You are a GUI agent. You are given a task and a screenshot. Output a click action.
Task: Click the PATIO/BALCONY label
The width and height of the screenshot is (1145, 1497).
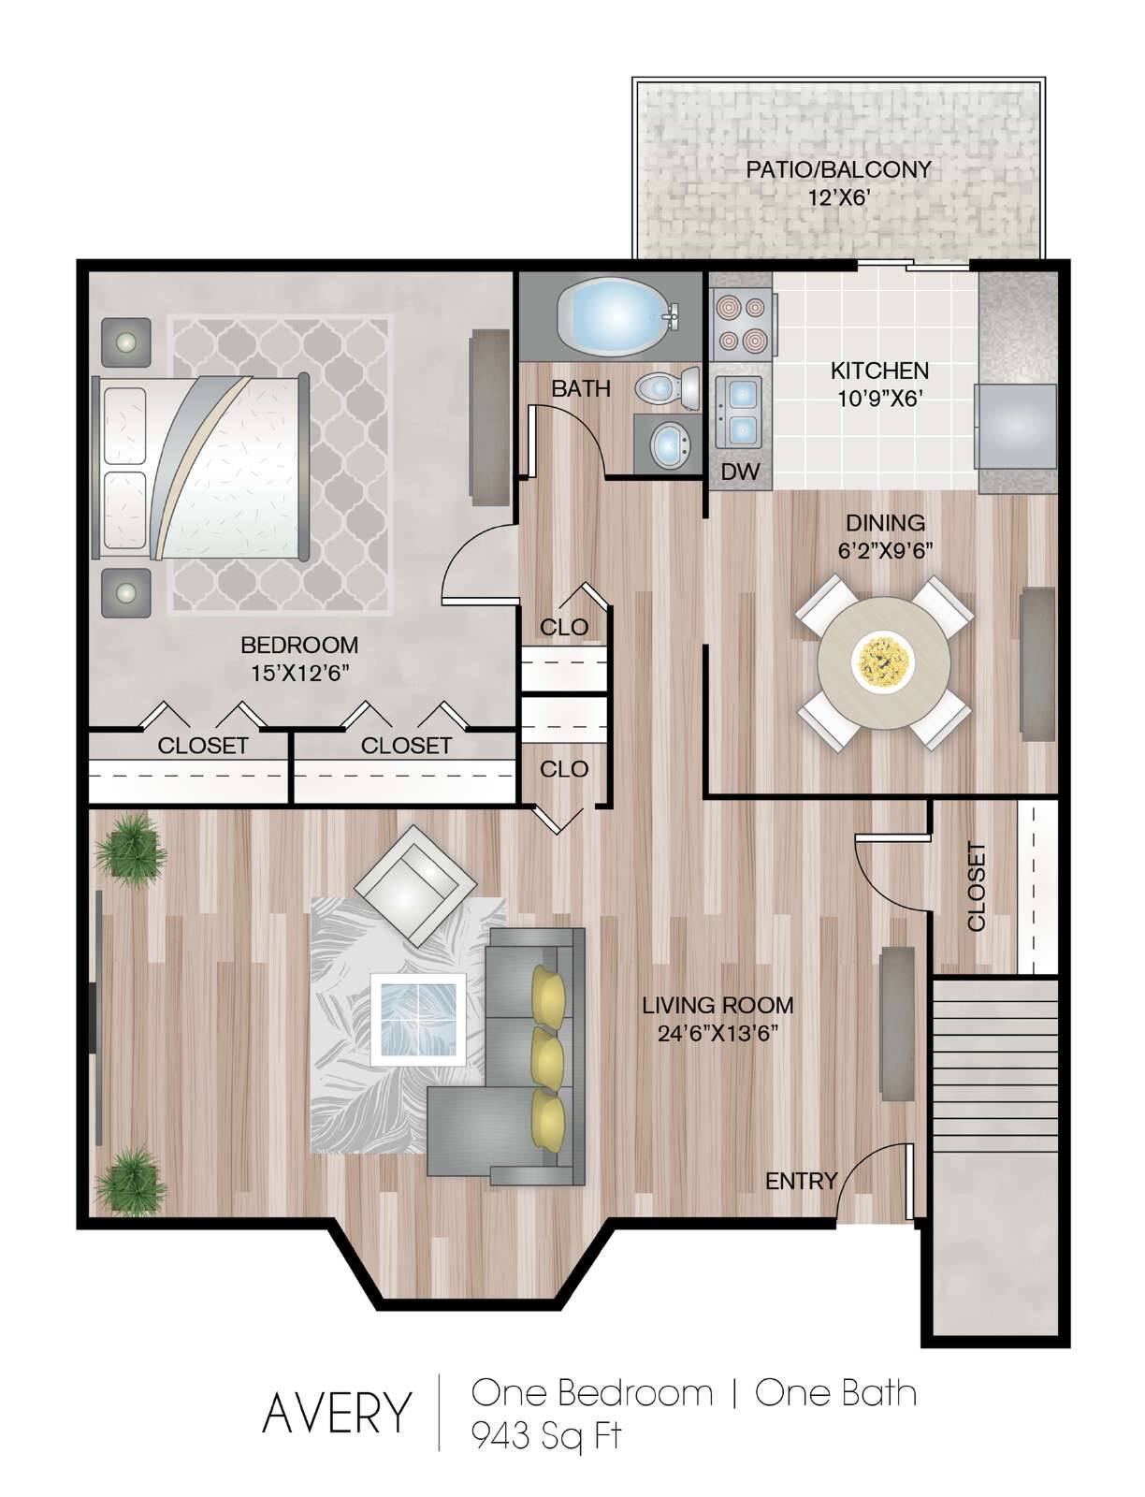[x=838, y=169]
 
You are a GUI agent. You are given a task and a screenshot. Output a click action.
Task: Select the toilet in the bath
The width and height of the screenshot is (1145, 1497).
[x=668, y=388]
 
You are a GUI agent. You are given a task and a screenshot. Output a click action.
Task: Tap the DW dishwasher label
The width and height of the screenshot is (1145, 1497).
[x=740, y=472]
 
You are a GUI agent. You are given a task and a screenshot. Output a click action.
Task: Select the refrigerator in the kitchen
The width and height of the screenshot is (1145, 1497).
[x=1016, y=427]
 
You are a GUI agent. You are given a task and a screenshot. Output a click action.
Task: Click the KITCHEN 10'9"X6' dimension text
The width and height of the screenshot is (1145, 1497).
[x=879, y=399]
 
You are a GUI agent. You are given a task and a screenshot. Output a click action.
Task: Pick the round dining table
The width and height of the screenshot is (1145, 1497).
[x=883, y=663]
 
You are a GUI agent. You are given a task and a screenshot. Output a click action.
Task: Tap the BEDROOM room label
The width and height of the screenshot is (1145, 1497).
[x=299, y=645]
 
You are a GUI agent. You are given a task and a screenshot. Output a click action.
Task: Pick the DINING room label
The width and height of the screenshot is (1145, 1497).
[x=885, y=522]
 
